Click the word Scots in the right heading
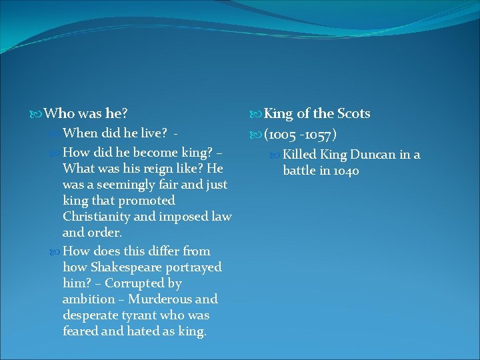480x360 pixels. [x=353, y=113]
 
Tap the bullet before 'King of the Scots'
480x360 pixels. [x=257, y=114]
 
